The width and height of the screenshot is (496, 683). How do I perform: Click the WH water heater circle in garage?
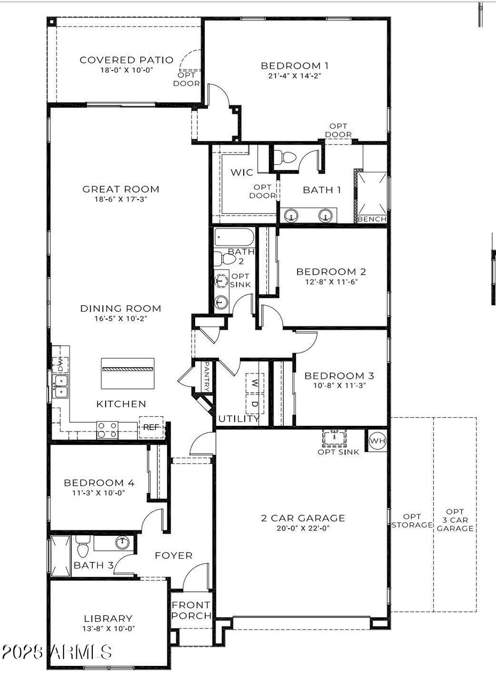377,441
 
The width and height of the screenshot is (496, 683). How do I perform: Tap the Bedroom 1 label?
294,66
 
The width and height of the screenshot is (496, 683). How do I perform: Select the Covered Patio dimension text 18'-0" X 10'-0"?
126,70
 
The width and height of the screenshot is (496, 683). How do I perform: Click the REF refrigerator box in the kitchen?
151,427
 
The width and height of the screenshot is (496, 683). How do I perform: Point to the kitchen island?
128,373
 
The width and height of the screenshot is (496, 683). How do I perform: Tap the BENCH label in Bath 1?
372,219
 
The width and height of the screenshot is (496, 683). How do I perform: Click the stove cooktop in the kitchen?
107,430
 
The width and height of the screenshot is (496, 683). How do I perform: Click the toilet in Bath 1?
289,157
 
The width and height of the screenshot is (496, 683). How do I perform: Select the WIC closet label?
242,173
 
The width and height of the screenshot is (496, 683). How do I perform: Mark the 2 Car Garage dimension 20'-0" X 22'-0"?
303,528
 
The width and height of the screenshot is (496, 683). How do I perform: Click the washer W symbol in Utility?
254,383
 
